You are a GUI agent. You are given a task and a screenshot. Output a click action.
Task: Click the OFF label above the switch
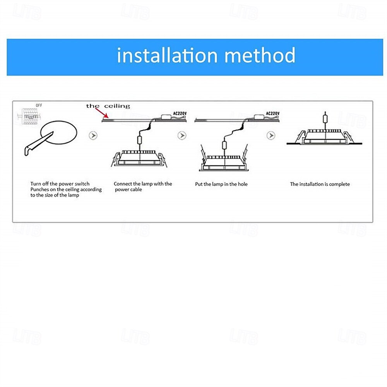pyautogui.click(x=39, y=105)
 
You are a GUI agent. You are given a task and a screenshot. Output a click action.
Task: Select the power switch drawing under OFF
pyautogui.click(x=28, y=116)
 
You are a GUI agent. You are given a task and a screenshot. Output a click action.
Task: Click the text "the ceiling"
pyautogui.click(x=108, y=106)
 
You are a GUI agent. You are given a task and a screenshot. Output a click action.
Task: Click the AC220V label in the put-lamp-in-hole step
pyautogui.click(x=272, y=113)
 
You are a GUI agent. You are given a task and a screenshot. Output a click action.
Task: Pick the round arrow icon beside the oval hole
pyautogui.click(x=93, y=135)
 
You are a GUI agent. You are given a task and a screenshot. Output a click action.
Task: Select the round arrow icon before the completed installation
pyautogui.click(x=271, y=135)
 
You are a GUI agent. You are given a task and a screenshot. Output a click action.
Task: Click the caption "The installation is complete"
pyautogui.click(x=320, y=184)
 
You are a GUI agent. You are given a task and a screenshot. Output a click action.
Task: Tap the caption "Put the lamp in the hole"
pyautogui.click(x=221, y=184)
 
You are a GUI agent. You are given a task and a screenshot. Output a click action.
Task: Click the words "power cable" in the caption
pyautogui.click(x=129, y=190)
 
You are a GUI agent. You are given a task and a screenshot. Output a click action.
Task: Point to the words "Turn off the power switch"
pyautogui.click(x=60, y=183)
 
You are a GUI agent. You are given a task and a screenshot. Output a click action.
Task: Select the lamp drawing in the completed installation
pyautogui.click(x=324, y=135)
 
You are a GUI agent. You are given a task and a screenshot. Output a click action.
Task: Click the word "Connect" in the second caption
pyautogui.click(x=123, y=184)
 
